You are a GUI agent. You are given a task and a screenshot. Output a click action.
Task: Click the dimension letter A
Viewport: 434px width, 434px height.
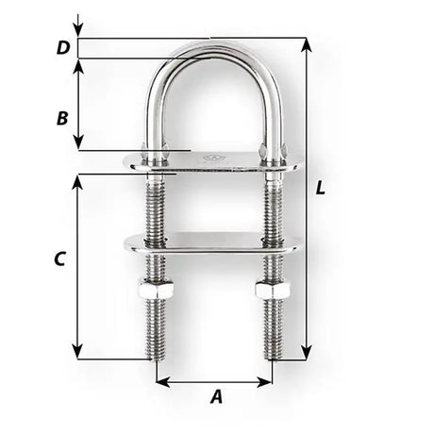216,397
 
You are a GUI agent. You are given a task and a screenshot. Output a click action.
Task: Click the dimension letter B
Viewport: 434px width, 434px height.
61,119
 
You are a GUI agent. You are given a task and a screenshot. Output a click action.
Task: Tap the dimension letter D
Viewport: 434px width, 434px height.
62,47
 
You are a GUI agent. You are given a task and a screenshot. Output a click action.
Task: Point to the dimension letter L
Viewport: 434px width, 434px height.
321,188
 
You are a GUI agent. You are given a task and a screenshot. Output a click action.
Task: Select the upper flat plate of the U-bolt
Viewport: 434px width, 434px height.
212,163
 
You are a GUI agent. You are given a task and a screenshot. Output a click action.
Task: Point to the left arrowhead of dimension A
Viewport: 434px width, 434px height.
159,383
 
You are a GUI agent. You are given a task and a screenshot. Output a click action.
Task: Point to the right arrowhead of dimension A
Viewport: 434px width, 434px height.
268,383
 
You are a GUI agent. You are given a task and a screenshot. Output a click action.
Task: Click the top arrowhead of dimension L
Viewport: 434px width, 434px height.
305,42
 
